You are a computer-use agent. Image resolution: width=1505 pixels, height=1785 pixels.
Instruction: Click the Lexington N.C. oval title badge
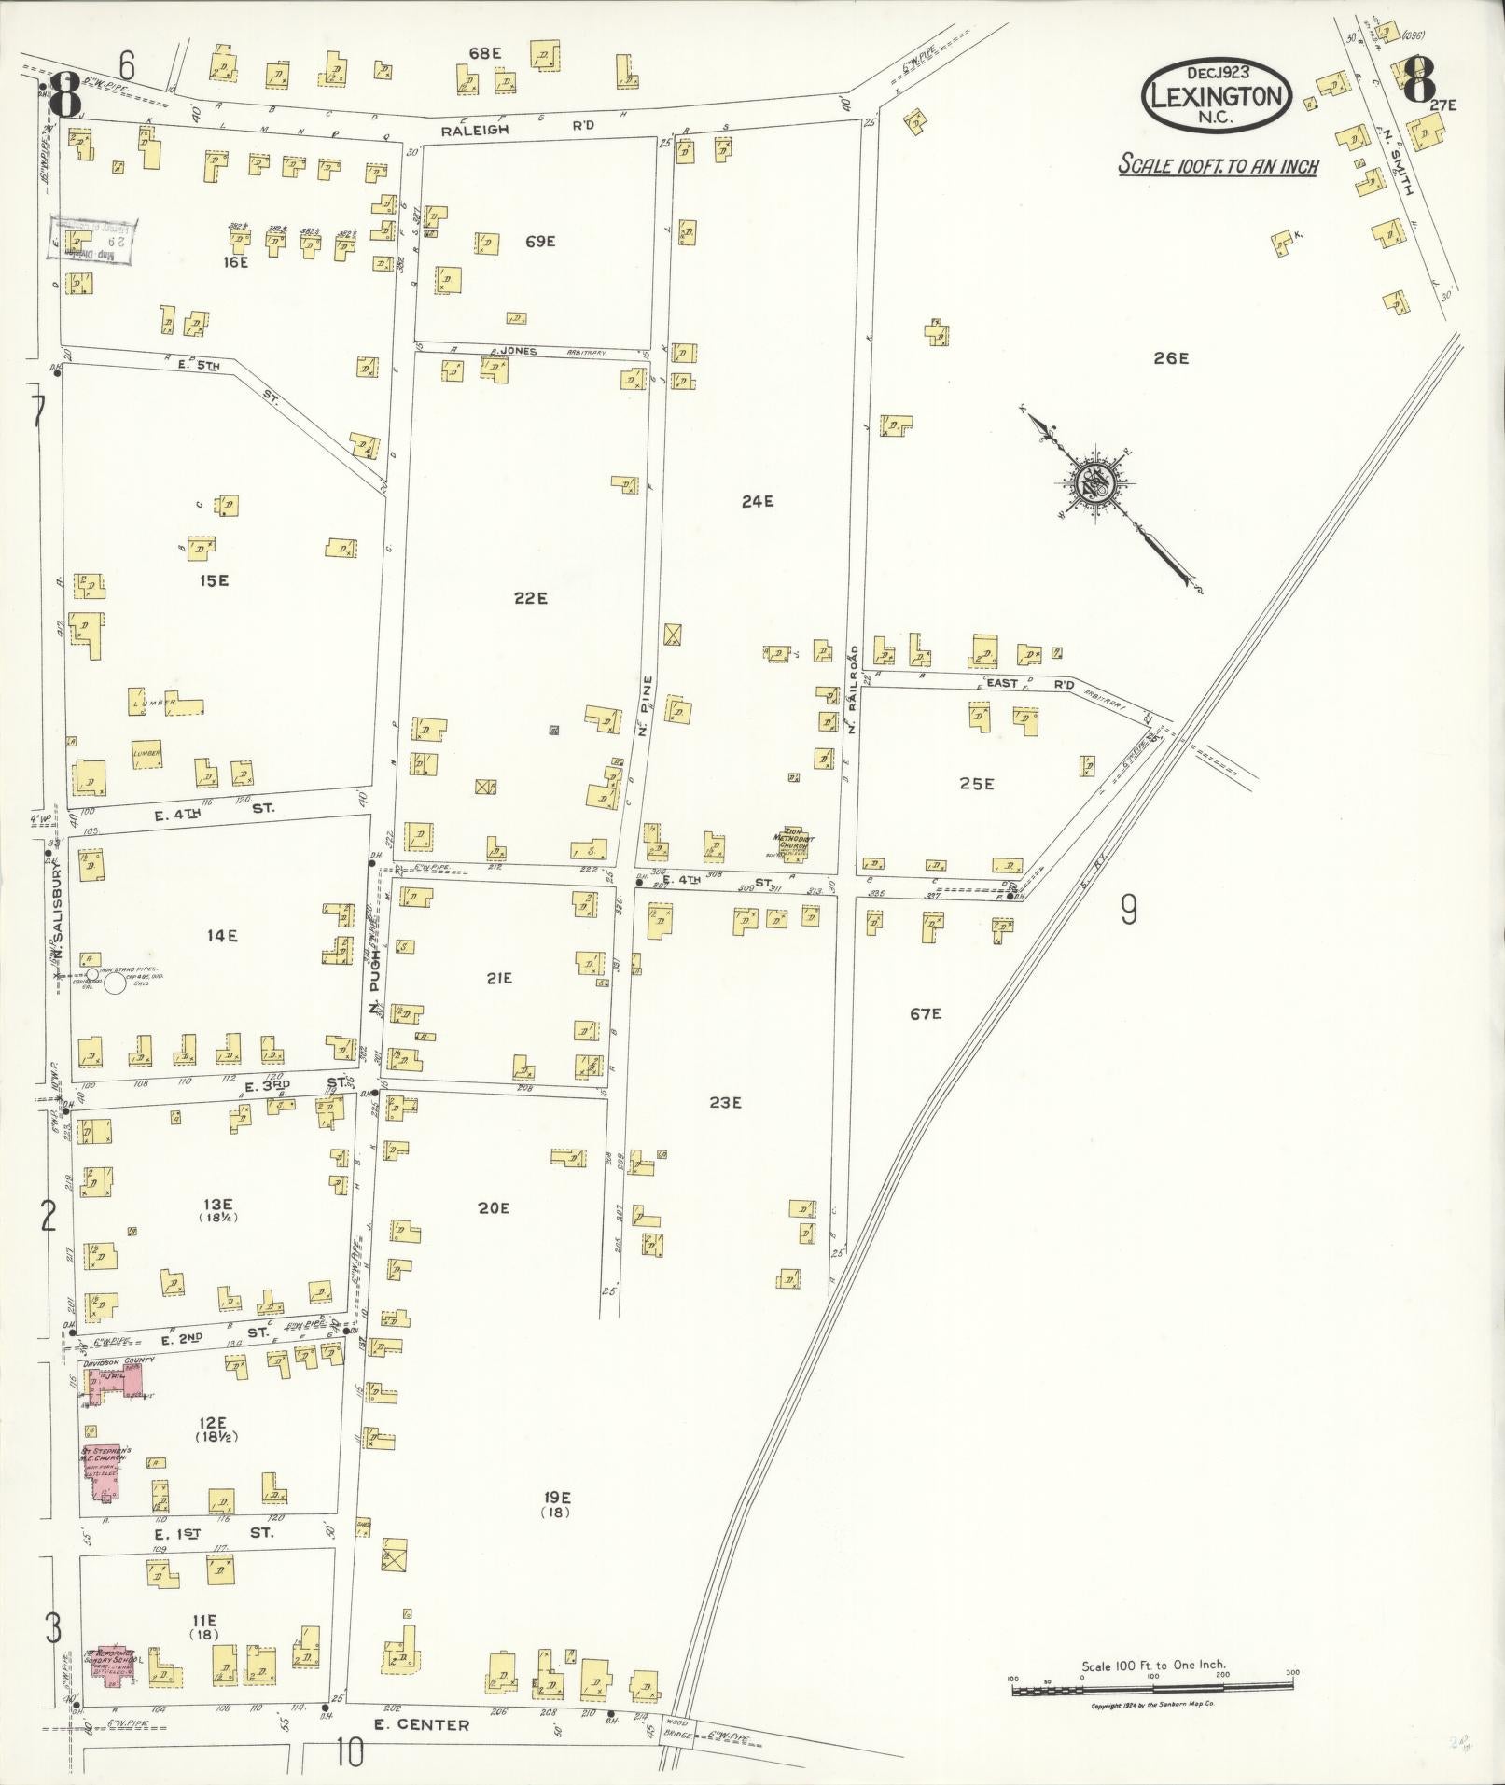coord(1217,96)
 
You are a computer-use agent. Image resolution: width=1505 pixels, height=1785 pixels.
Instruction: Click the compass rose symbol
coord(1092,485)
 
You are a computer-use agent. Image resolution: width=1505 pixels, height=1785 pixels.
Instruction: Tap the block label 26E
coord(1170,358)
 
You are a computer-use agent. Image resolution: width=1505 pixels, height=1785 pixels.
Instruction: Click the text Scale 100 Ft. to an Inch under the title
coord(1218,167)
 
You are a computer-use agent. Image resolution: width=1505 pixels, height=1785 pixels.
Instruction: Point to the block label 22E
coord(530,598)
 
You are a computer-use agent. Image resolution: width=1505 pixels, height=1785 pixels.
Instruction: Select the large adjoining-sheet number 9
coord(1128,908)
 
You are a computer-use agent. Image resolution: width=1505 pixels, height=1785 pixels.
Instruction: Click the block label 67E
coord(925,1013)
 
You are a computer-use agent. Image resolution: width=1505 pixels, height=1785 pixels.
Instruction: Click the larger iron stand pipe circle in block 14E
coord(116,983)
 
